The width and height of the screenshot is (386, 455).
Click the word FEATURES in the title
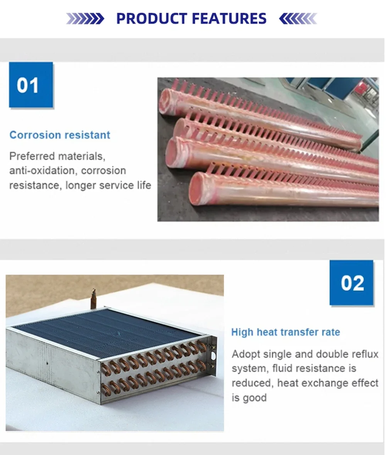tap(229, 19)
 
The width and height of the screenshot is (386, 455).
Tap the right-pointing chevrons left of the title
tap(85, 19)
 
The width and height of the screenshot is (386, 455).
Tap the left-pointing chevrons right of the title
tap(298, 19)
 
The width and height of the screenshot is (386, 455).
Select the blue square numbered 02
tap(351, 283)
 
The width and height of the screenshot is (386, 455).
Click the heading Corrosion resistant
tap(60, 135)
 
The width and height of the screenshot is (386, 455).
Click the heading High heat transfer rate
tap(285, 332)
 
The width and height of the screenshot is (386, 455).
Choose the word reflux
tap(365, 354)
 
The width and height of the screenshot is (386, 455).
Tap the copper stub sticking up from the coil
tap(93, 298)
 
